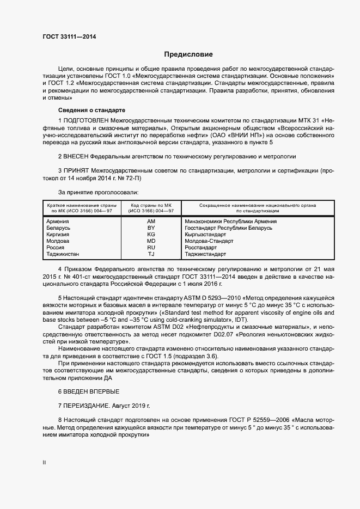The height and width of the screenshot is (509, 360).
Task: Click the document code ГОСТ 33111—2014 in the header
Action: pyautogui.click(x=69, y=36)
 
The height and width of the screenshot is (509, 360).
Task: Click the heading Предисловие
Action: pyautogui.click(x=188, y=54)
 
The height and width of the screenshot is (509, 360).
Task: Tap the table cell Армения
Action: pyautogui.click(x=58, y=222)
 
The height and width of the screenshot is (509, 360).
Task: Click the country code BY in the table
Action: pyautogui.click(x=151, y=228)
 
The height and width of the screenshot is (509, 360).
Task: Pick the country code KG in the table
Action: pyautogui.click(x=151, y=235)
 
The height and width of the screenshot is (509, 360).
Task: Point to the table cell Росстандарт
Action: pyautogui.click(x=201, y=248)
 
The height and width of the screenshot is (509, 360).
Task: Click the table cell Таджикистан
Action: pyautogui.click(x=63, y=254)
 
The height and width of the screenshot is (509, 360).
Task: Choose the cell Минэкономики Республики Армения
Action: pyautogui.click(x=230, y=222)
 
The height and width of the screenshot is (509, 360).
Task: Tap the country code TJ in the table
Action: pyautogui.click(x=151, y=254)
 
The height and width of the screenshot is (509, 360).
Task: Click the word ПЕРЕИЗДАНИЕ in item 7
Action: pyautogui.click(x=86, y=406)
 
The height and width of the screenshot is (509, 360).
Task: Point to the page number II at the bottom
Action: pyautogui.click(x=44, y=463)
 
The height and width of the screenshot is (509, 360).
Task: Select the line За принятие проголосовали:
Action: pyautogui.click(x=98, y=192)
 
